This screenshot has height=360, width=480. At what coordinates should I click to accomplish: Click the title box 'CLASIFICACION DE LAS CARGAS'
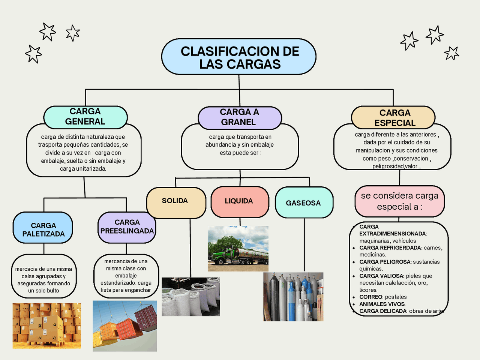[x=239, y=57]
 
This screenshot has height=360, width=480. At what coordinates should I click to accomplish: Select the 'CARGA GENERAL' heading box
[x=85, y=117]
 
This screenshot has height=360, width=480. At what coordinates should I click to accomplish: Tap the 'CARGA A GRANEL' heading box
[x=239, y=117]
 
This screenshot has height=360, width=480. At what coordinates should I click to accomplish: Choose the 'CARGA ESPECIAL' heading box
[x=393, y=117]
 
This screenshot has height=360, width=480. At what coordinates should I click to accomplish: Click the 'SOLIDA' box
[x=176, y=202]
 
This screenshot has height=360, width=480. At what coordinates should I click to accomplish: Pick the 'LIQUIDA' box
[x=240, y=202]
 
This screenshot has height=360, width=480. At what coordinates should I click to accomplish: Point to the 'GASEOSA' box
[x=304, y=203]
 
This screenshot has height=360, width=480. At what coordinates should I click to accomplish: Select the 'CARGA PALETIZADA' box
[x=43, y=228]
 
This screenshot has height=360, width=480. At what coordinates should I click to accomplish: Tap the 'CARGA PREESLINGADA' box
[x=127, y=227]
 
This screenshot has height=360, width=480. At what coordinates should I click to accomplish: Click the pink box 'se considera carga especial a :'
[x=399, y=201]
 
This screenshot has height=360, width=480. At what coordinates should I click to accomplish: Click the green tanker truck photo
[x=238, y=249]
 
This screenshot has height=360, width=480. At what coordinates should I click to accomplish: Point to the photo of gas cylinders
[x=293, y=297]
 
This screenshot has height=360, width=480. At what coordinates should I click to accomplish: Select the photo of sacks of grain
[x=190, y=297]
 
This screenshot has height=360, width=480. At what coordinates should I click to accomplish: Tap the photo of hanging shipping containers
[x=124, y=326]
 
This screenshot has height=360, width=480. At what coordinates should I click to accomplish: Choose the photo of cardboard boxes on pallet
[x=46, y=326]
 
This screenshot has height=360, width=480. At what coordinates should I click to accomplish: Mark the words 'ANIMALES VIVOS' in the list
[x=382, y=304]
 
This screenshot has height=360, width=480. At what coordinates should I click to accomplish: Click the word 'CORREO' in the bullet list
[x=370, y=297]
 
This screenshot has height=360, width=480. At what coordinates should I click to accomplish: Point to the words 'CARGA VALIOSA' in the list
[x=381, y=276]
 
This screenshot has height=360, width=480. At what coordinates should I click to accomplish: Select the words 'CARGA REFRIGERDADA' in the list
[x=390, y=248]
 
